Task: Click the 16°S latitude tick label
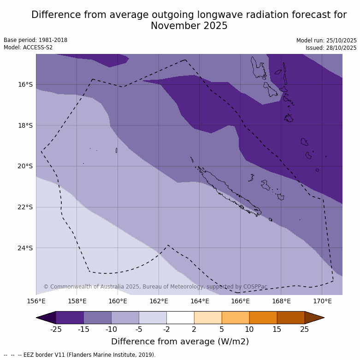[25, 84]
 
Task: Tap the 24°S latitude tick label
[25, 248]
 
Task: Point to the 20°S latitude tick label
[25, 166]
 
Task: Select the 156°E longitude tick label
[36, 301]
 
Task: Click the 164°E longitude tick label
[200, 301]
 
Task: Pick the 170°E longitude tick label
[322, 301]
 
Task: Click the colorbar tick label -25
[56, 329]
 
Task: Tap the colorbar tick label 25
[305, 329]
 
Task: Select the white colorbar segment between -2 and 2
[180, 318]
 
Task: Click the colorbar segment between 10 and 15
[263, 318]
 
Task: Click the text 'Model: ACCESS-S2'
[28, 47]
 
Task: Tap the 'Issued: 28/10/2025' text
[331, 48]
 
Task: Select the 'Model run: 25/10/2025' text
[326, 41]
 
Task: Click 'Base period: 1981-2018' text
[35, 40]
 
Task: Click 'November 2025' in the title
[189, 26]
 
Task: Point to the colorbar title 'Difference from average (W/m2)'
[180, 342]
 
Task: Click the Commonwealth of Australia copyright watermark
[155, 287]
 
